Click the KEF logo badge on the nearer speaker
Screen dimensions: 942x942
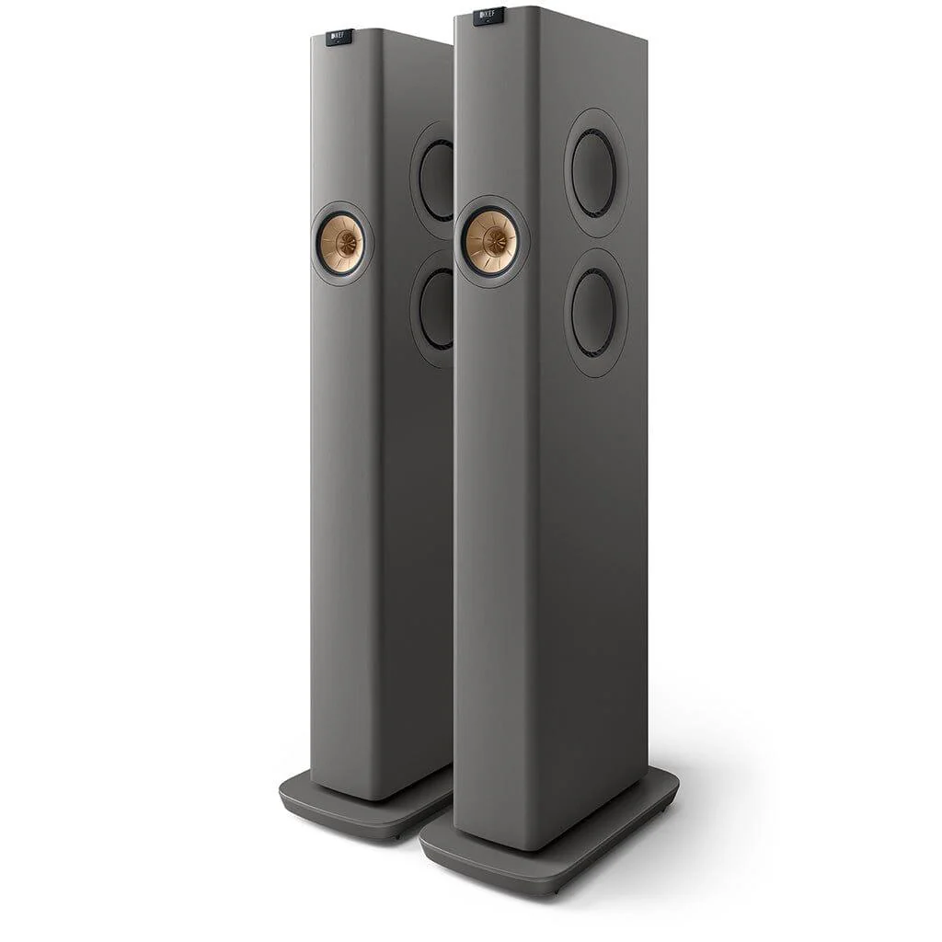[x=488, y=17]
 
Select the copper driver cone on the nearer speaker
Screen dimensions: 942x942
[x=489, y=242]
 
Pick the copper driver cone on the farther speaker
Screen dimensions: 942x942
[x=341, y=244]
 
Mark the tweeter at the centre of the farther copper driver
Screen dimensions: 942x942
[x=345, y=244]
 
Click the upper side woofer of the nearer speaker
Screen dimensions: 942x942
[x=594, y=172]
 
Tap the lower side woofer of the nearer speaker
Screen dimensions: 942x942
[x=593, y=312]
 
